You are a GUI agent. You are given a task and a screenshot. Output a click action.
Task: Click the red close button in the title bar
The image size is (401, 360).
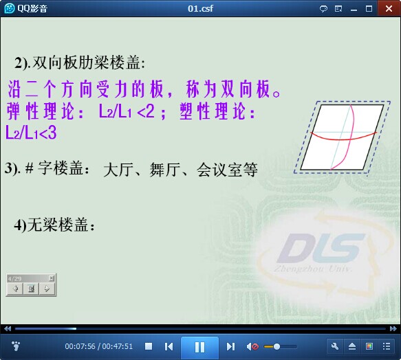point(389,9)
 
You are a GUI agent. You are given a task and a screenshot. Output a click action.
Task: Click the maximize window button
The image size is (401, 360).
point(369,9)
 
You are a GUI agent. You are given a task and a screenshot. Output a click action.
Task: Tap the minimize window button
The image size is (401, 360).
point(354,10)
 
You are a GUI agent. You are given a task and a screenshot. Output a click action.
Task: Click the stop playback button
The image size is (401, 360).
point(149,346)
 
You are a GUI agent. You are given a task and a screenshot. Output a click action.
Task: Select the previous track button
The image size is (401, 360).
point(169,347)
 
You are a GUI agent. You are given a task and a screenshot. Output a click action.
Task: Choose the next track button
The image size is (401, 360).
point(230,347)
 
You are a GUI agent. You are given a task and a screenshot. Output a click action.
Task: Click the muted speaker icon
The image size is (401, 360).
point(252,347)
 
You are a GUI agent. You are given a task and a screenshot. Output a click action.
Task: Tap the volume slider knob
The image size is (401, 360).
point(277,347)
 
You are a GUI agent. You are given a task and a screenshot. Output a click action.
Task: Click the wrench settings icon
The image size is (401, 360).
point(335,346)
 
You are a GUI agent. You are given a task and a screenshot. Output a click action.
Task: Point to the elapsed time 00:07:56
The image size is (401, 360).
point(80,346)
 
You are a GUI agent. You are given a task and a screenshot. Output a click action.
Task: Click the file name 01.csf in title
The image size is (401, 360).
point(200,9)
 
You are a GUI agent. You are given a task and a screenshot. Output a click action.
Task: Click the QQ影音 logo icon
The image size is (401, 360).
point(9,9)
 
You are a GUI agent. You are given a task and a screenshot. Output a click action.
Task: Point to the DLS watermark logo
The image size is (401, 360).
point(321,247)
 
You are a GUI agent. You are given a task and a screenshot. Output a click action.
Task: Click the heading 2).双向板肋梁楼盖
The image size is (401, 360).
point(80,63)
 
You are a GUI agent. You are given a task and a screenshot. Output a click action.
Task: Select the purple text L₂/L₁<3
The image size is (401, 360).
point(31,133)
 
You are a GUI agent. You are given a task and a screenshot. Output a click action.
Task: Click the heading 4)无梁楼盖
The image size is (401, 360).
point(54,225)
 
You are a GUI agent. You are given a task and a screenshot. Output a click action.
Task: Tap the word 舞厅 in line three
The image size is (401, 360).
point(164,170)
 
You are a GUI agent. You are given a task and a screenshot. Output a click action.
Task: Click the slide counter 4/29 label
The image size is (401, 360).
point(14,278)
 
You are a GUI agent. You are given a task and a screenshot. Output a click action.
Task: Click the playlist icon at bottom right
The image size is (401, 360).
point(387,346)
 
